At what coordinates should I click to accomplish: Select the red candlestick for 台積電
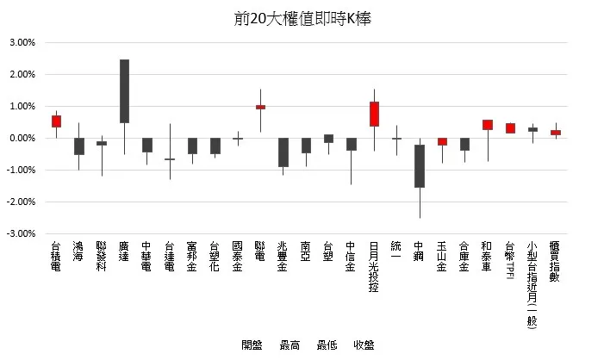click(x=56, y=121)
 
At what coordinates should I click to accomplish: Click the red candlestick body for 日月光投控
click(x=374, y=114)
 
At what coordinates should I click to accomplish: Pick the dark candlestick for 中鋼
click(x=419, y=165)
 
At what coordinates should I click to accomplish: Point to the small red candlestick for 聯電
click(x=260, y=107)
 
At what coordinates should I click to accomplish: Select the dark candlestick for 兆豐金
click(x=283, y=152)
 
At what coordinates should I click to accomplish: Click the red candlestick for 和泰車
click(x=487, y=125)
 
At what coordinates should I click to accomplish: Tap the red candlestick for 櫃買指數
click(x=555, y=133)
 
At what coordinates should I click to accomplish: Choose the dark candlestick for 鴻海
click(x=78, y=146)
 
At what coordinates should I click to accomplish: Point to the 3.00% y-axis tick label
click(x=22, y=42)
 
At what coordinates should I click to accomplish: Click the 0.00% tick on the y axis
click(x=22, y=138)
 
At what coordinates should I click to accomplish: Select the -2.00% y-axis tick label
click(x=22, y=202)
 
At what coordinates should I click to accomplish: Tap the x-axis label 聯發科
click(x=102, y=258)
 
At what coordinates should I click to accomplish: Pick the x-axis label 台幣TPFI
click(x=510, y=263)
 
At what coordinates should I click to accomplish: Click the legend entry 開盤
click(x=252, y=345)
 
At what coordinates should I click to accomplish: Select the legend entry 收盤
click(x=363, y=345)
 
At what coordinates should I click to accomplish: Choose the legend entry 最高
click(x=290, y=345)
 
